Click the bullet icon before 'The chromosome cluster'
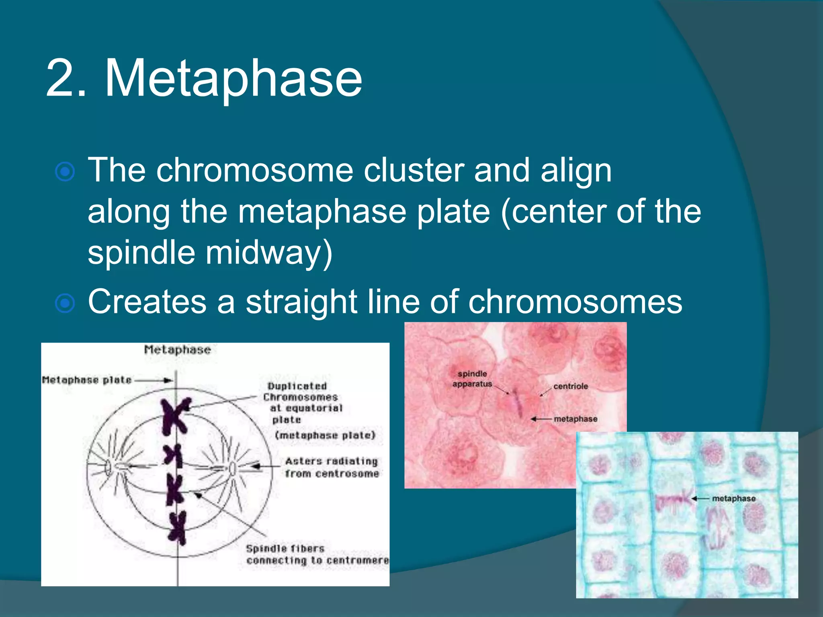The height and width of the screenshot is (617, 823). click(65, 172)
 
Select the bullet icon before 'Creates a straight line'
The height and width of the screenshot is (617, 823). click(65, 303)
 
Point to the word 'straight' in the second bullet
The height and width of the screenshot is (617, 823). click(301, 302)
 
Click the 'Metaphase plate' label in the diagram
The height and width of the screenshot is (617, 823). click(87, 380)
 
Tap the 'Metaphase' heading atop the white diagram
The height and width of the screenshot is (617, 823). click(177, 350)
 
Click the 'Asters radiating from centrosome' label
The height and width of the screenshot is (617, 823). click(332, 467)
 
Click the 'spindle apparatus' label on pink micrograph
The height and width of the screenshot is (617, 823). click(472, 379)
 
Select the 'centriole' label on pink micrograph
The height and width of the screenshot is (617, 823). click(570, 386)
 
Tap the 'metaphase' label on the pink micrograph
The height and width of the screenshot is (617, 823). click(575, 419)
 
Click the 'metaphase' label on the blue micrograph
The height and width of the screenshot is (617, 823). click(733, 499)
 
